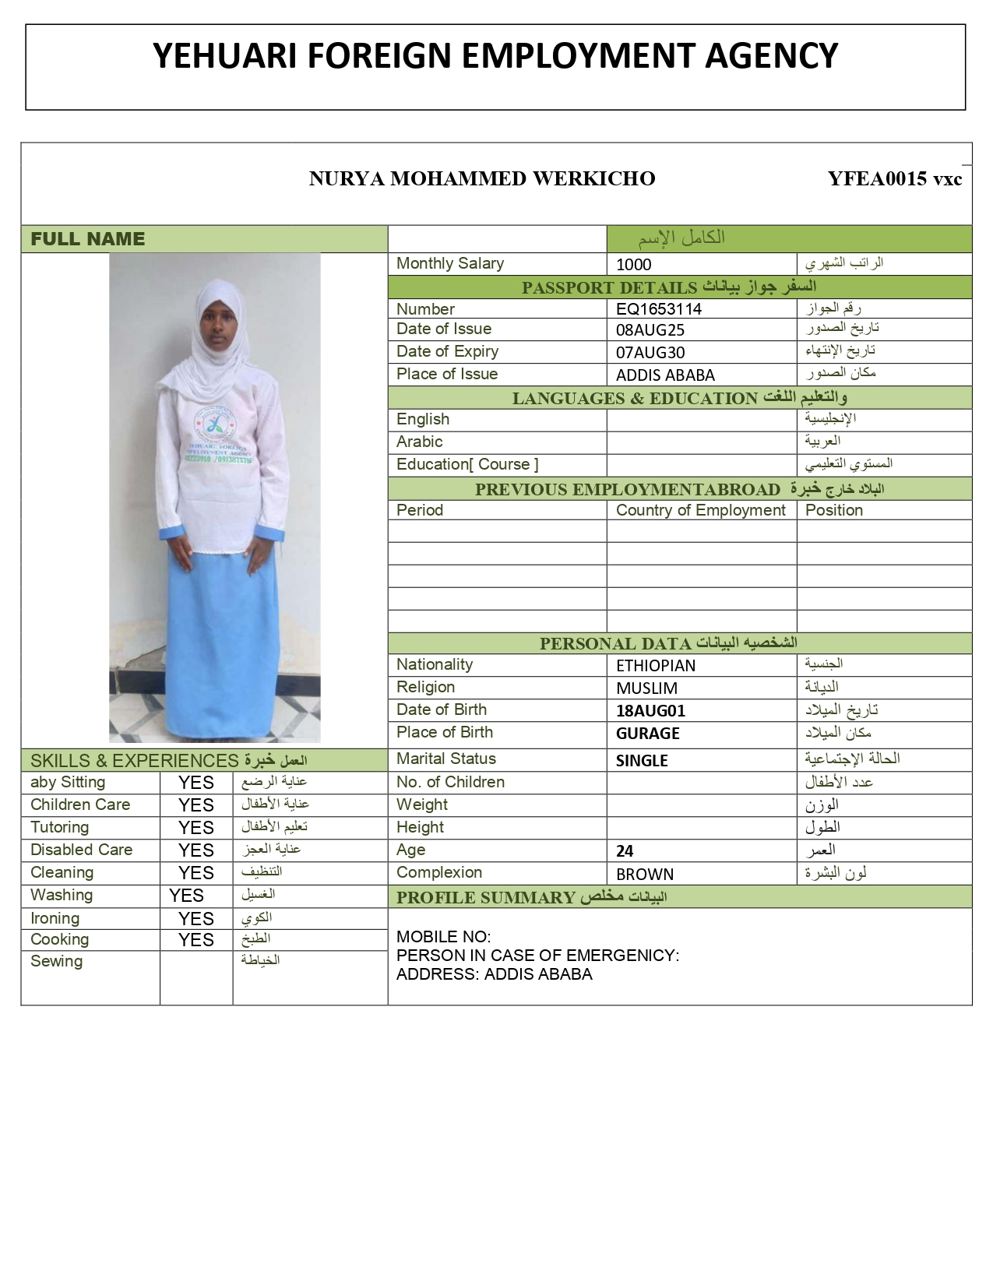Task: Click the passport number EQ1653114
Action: click(658, 309)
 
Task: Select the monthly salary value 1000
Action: click(633, 265)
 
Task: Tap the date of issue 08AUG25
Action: click(650, 330)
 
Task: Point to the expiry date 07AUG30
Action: click(650, 353)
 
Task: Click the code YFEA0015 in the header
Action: click(877, 179)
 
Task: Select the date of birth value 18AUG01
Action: click(650, 711)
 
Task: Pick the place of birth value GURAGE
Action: click(647, 734)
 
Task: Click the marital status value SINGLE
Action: click(642, 761)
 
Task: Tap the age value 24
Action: click(625, 851)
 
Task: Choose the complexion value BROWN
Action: click(644, 875)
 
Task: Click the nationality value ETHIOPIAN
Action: click(655, 666)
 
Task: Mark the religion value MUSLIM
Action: click(646, 688)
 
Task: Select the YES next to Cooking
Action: click(195, 941)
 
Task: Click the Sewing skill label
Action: click(56, 962)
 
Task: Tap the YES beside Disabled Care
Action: click(195, 850)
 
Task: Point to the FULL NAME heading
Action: click(87, 240)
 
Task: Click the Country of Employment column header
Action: click(700, 511)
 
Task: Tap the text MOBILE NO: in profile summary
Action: click(443, 937)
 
